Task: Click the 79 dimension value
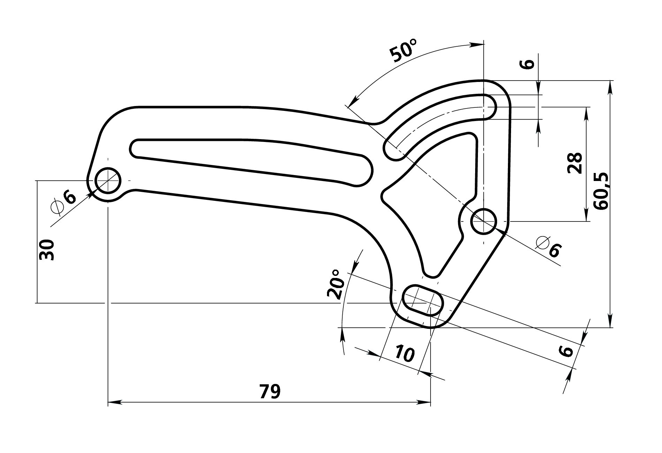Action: (270, 391)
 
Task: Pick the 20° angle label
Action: (335, 284)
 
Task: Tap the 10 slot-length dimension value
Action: (405, 353)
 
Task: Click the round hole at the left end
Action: (108, 180)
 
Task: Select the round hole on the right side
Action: (484, 221)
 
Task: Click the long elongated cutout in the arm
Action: (251, 161)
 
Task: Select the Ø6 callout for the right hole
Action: (549, 246)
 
